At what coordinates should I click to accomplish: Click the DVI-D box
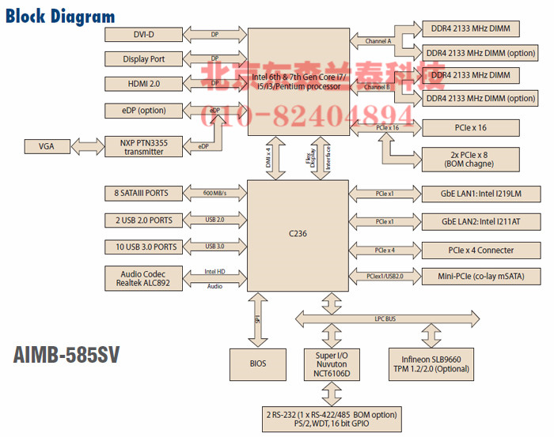click(144, 35)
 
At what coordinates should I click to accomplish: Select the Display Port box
click(144, 59)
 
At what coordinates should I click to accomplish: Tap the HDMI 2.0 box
click(144, 84)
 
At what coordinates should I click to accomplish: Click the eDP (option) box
click(144, 111)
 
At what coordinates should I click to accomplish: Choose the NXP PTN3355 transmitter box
click(144, 146)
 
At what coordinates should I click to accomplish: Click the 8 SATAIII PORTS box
click(144, 193)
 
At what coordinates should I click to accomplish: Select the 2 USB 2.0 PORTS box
click(144, 220)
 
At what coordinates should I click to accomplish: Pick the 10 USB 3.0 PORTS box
click(144, 247)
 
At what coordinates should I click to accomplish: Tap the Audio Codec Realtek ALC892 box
click(144, 277)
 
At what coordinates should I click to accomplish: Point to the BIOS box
click(258, 364)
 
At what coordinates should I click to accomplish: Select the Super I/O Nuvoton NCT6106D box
click(333, 364)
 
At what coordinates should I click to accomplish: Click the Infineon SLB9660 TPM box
click(431, 364)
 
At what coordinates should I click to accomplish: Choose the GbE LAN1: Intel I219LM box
click(470, 193)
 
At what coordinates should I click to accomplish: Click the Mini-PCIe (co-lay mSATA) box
click(470, 277)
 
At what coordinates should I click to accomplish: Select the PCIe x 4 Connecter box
click(470, 250)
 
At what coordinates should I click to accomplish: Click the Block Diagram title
click(60, 16)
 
